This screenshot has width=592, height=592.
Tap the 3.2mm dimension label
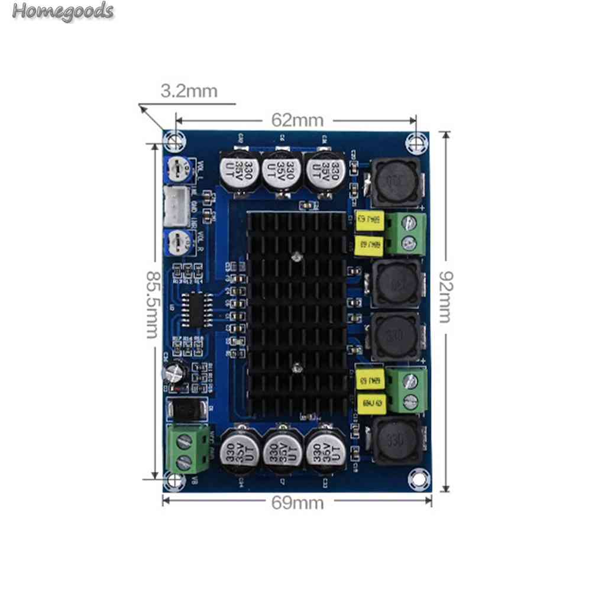coord(189,91)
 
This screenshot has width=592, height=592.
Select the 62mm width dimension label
coord(297,120)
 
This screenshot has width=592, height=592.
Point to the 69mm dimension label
coord(297,503)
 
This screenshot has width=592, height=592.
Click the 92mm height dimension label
coord(445,296)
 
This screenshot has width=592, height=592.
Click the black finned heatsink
coord(296,310)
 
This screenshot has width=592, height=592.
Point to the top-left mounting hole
coord(173,140)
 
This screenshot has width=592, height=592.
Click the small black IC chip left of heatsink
coord(194,306)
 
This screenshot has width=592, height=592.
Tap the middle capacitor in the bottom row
coord(280,451)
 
